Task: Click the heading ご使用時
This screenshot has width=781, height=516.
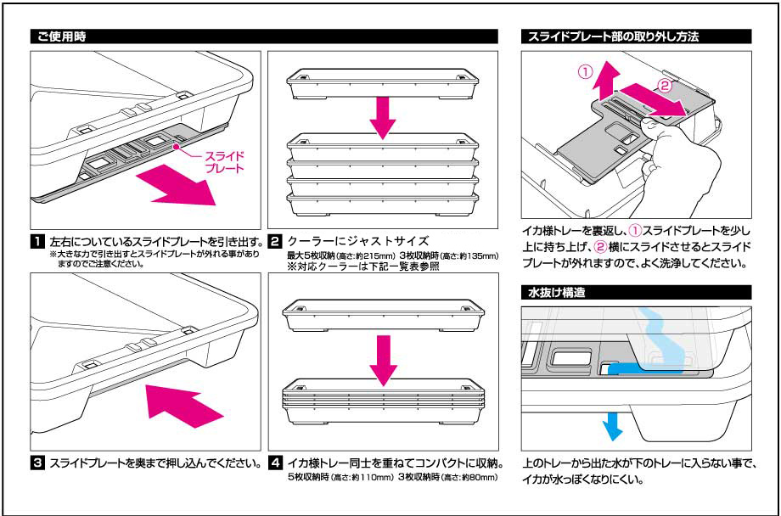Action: click(x=60, y=37)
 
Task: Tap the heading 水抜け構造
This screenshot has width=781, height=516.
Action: click(x=556, y=292)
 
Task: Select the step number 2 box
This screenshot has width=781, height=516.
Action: click(x=274, y=241)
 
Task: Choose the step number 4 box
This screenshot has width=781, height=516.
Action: click(x=274, y=463)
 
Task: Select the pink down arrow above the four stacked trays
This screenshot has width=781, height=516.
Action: click(x=383, y=115)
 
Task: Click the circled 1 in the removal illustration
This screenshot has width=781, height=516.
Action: click(x=584, y=72)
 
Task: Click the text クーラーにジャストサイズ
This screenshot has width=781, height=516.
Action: click(x=357, y=241)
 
